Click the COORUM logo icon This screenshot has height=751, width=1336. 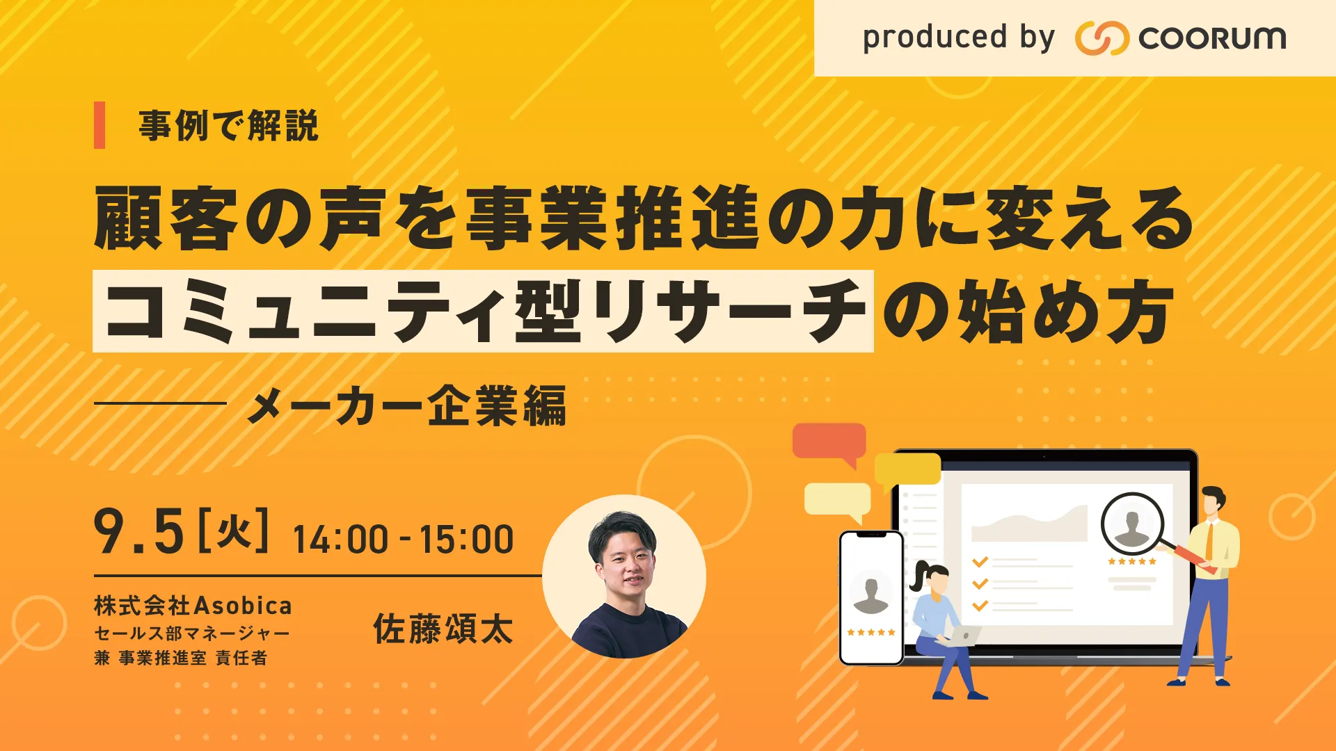(x=1102, y=38)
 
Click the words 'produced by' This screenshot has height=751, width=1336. (x=959, y=38)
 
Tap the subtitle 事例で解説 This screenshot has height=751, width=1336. (x=228, y=126)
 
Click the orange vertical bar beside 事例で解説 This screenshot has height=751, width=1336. (x=100, y=125)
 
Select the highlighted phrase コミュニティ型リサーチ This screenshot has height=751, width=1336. (x=483, y=311)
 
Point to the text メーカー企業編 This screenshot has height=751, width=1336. (x=406, y=406)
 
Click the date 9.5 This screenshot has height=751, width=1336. (x=139, y=532)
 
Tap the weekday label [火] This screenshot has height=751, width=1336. (x=234, y=530)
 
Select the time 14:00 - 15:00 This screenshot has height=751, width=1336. (x=404, y=540)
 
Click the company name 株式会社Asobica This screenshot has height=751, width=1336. (x=193, y=606)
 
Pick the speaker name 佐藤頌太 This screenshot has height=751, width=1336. (x=443, y=629)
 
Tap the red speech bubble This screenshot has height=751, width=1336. (x=829, y=443)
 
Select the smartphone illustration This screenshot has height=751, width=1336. (x=871, y=598)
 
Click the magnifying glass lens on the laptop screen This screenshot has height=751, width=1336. (x=1132, y=524)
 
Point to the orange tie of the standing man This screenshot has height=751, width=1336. (x=1211, y=541)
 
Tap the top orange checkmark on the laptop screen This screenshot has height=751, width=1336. (x=980, y=561)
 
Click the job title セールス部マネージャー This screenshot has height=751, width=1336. (x=192, y=633)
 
